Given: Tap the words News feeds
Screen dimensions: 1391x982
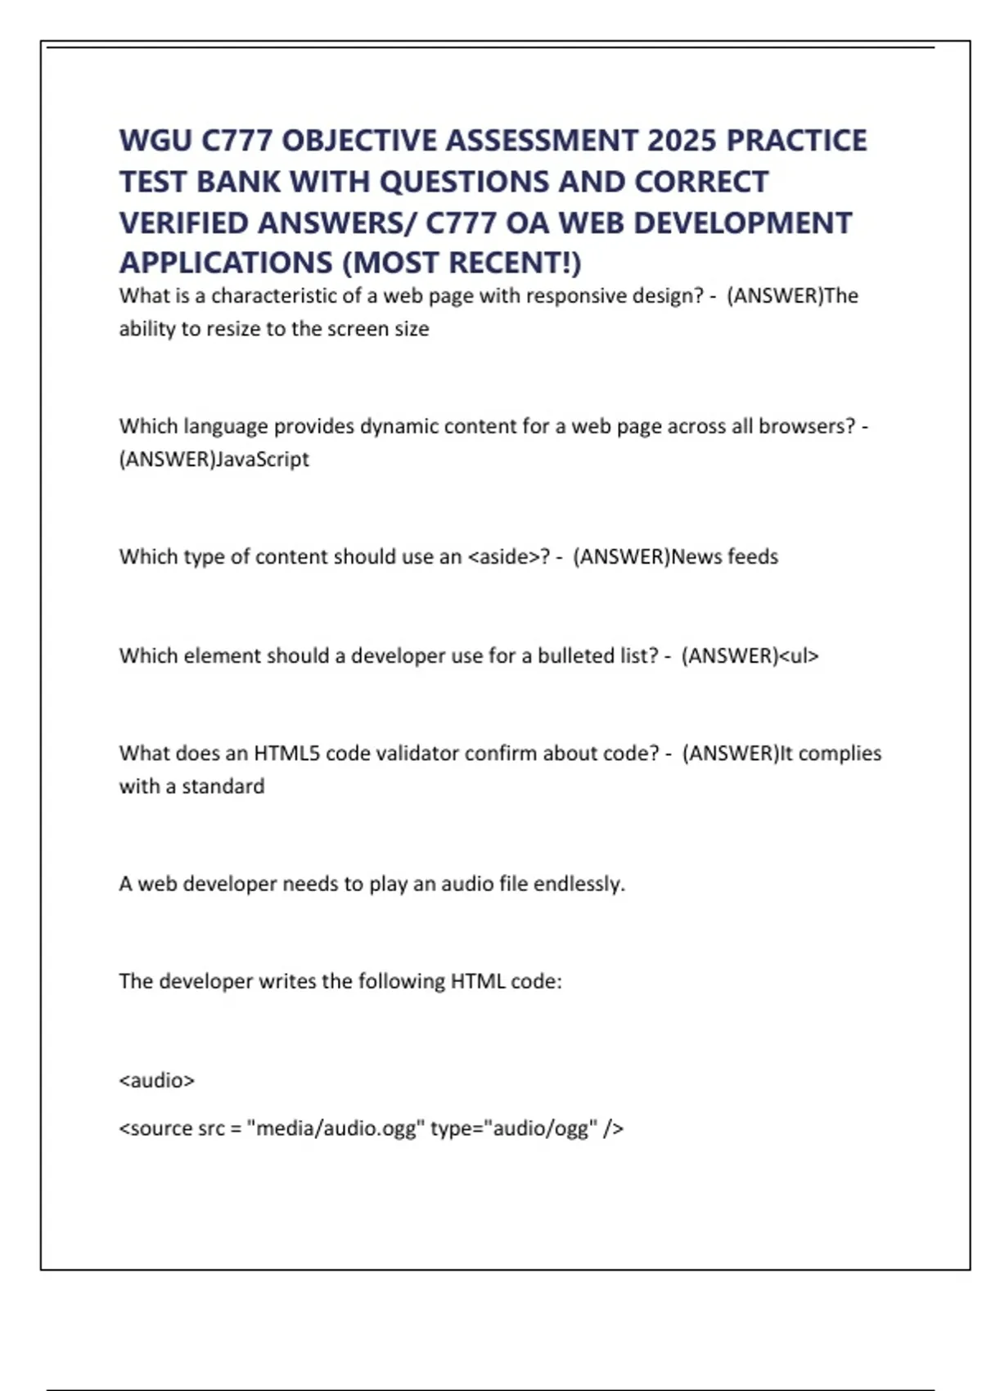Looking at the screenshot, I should coord(724,556).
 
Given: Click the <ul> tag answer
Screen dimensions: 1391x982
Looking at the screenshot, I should coord(799,655).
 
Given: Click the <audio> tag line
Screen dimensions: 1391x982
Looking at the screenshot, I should coord(157,1080).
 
